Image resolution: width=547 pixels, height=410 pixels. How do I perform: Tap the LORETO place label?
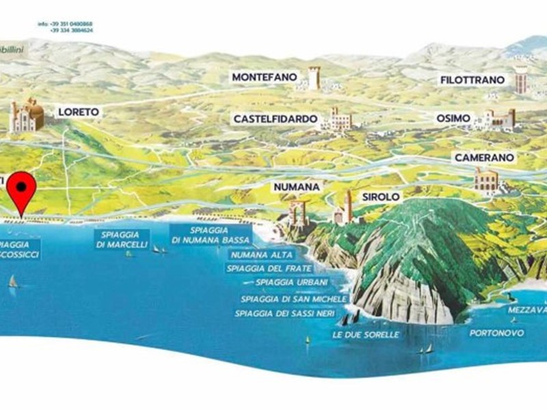coord(79,111)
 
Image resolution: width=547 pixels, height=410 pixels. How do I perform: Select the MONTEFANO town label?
coord(264,78)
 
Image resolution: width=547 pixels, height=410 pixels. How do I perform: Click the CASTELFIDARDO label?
coord(276,119)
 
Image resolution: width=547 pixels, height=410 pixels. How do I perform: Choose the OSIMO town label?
coord(453,118)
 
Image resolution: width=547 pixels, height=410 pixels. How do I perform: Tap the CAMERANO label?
coord(483,158)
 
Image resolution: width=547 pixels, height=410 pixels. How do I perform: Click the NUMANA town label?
coord(297,186)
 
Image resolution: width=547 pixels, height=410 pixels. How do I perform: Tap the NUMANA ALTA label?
coord(262,255)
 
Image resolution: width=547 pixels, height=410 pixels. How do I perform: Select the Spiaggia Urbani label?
coord(291,282)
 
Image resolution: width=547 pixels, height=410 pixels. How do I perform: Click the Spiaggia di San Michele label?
coord(294,299)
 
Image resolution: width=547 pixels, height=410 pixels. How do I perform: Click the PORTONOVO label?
coord(496,333)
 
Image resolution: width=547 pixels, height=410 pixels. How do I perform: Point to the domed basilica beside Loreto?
coord(27,115)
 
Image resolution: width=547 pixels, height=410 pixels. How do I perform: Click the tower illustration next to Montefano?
coord(314,78)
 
